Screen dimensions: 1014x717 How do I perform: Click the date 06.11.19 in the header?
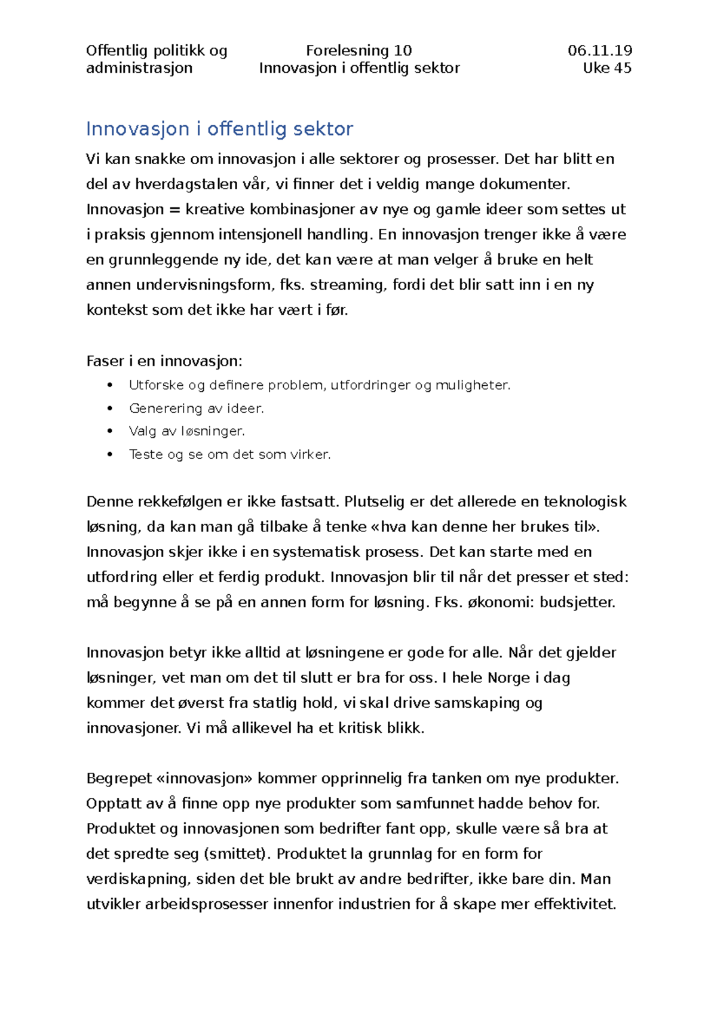pyautogui.click(x=599, y=51)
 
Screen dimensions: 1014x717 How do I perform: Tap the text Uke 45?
pyautogui.click(x=606, y=68)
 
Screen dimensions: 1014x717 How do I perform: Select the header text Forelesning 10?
pyautogui.click(x=358, y=51)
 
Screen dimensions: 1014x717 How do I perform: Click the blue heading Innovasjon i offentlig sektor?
pyautogui.click(x=219, y=128)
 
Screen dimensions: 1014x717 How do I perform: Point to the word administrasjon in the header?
pyautogui.click(x=139, y=68)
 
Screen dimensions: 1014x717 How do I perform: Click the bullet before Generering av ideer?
pyautogui.click(x=110, y=408)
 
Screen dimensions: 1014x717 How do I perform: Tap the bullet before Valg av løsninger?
pyautogui.click(x=110, y=431)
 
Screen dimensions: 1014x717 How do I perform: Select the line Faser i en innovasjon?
pyautogui.click(x=164, y=361)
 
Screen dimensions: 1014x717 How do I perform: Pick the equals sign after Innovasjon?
pyautogui.click(x=174, y=210)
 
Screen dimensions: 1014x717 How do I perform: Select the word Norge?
pyautogui.click(x=508, y=678)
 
